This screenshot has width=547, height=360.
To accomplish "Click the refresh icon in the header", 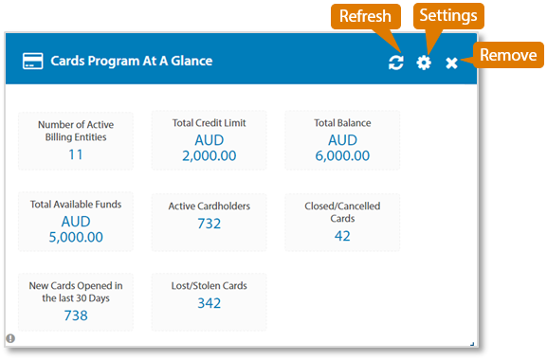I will point(396,63).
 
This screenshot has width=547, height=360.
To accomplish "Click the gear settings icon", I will point(424,63).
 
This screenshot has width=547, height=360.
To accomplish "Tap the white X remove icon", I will point(452,63).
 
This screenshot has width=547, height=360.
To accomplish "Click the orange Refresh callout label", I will point(365,17).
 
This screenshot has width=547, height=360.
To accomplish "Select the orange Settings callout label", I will point(448,17).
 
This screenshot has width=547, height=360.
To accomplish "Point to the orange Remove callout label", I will point(508,55).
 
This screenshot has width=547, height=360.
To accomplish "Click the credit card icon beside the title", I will point(32,62).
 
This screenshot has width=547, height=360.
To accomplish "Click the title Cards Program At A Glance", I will point(131,62).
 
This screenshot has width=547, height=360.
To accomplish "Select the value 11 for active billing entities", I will point(76,154).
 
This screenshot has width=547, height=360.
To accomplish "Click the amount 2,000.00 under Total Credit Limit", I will point(209,155).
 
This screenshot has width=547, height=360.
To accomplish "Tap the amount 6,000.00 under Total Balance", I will point(342,155).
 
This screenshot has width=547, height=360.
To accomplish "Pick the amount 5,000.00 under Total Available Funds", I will point(76,237).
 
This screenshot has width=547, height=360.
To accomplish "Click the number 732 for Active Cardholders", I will point(209,224).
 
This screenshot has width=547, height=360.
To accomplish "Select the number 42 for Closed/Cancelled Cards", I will point(342,236).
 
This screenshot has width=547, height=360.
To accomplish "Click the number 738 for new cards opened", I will point(76,315).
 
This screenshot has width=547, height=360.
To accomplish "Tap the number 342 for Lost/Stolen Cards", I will point(209,303).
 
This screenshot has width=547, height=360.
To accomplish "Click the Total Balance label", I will point(342,123).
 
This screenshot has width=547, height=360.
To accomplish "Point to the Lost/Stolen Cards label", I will point(209,285).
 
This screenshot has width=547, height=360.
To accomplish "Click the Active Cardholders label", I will point(209,206).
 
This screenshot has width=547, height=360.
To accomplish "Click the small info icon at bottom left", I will point(10,338).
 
